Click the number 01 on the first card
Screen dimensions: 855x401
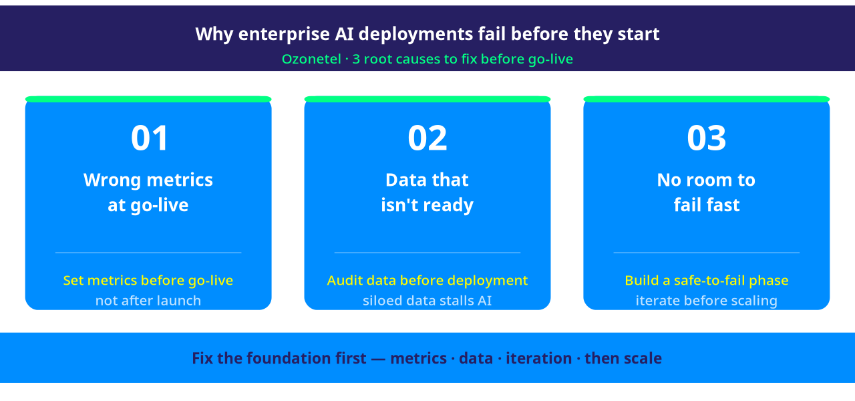coord(149,138)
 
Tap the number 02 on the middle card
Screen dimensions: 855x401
coord(427,138)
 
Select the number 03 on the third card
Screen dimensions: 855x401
coord(706,138)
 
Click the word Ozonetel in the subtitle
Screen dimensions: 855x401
coord(311,59)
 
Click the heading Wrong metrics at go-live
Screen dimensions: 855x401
coord(148,192)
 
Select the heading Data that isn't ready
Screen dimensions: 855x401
coord(427,192)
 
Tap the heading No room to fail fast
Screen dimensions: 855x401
coord(706,192)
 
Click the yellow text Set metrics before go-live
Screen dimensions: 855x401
coord(148,281)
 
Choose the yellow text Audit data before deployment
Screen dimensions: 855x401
coord(427,281)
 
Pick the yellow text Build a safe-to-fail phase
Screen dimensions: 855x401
coord(707,281)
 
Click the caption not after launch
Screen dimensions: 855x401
coord(148,301)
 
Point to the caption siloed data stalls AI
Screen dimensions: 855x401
coord(427,301)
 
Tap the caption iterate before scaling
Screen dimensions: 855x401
coord(707,301)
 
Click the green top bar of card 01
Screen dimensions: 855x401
coord(148,100)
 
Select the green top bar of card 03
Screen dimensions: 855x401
coord(707,100)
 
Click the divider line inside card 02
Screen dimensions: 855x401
coord(427,253)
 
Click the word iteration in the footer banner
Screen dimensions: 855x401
coord(538,358)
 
